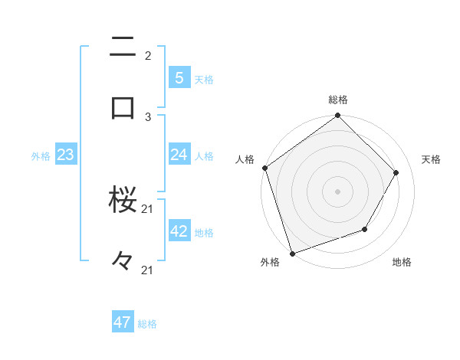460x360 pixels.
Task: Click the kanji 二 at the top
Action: coord(123,47)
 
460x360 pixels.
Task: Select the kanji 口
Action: coord(123,106)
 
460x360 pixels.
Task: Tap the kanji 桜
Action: coord(123,201)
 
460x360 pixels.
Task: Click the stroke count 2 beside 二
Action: coord(148,55)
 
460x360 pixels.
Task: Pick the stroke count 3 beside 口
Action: coord(148,116)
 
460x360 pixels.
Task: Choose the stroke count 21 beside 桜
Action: coord(148,209)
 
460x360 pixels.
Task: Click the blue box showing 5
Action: coord(179,77)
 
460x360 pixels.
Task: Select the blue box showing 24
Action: coord(179,155)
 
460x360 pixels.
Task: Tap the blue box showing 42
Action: coord(179,231)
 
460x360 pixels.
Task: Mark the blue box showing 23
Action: coord(65,155)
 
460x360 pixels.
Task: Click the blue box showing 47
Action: coord(122,322)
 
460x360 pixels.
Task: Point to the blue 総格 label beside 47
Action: coord(147,324)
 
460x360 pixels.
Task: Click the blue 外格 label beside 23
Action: coord(41,156)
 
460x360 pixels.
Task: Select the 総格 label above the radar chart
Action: coord(338,100)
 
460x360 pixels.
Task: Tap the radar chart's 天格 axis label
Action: coord(432,159)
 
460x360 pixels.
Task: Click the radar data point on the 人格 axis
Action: coord(265,168)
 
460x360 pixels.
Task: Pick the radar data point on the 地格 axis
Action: coord(365,229)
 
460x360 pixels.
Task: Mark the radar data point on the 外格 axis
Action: coord(292,253)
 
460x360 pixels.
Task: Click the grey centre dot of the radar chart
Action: coord(338,191)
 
